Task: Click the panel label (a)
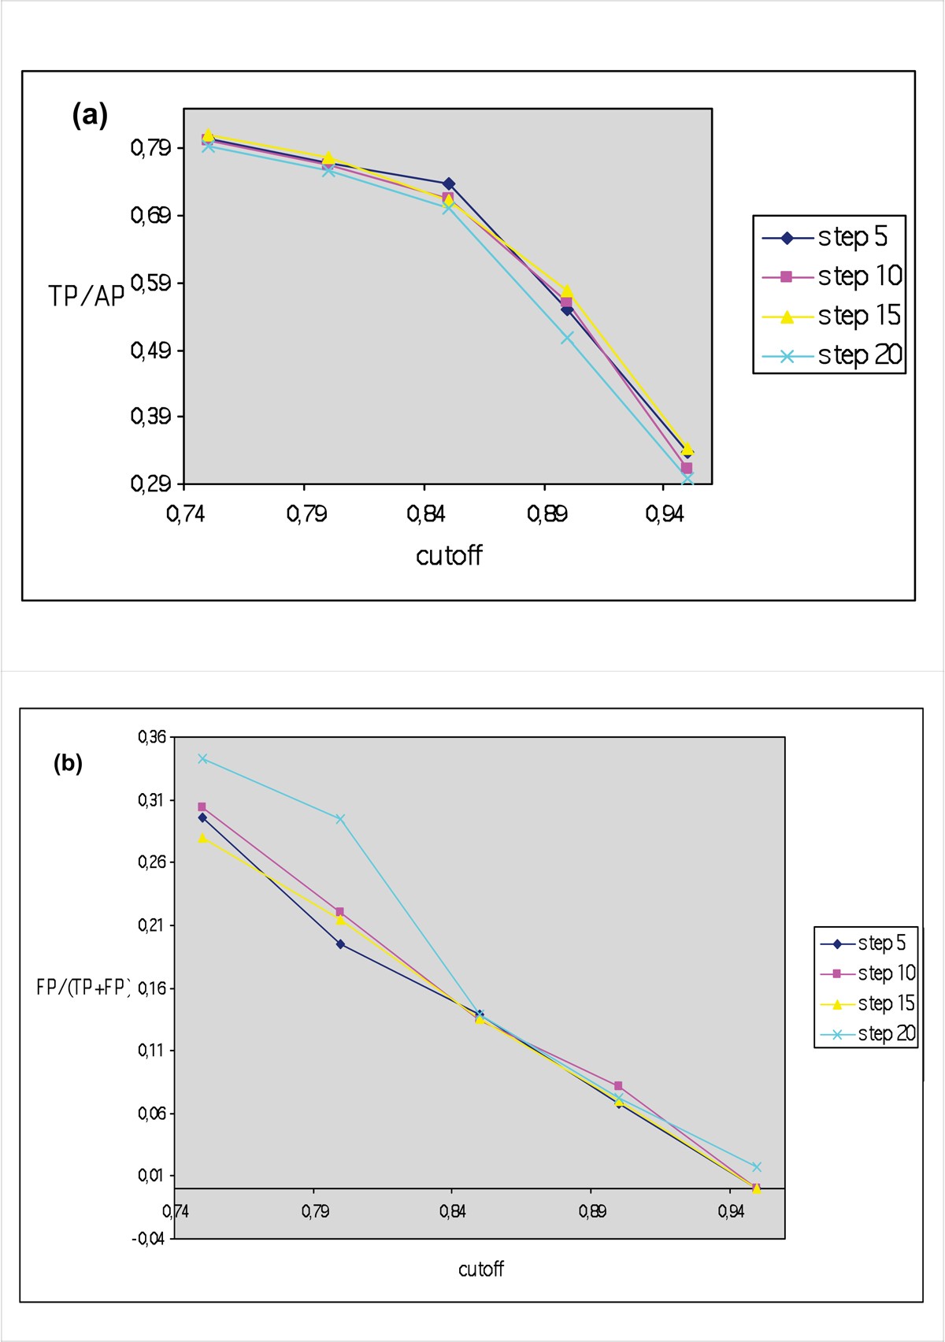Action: coord(90,116)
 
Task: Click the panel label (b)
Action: coord(68,763)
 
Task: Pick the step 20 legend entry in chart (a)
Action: coord(831,355)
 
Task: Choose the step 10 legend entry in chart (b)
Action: coord(867,973)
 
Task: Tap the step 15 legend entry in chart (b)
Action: coord(867,1003)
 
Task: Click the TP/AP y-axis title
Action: coord(87,296)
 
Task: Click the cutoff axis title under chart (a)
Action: coord(449,555)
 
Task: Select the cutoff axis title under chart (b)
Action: coord(480,1269)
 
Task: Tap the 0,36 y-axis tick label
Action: coord(152,737)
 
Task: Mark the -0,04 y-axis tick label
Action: coord(149,1239)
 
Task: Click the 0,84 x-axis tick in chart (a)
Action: coord(426,514)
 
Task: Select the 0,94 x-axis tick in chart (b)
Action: coord(731,1211)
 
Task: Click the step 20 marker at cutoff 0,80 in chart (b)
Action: coord(340,819)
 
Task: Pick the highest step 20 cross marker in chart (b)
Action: coord(202,758)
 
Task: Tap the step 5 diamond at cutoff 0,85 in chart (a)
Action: coord(448,184)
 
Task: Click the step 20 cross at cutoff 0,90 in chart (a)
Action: coord(567,337)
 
